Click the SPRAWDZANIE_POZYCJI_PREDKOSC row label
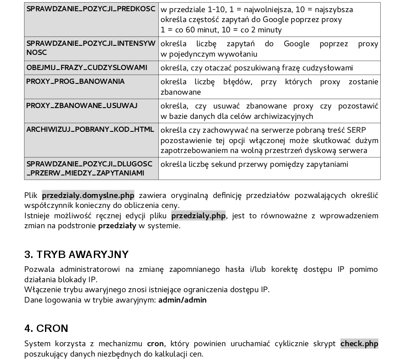(91, 9)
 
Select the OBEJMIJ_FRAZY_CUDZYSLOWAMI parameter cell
(87, 67)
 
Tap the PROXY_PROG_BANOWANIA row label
(75, 81)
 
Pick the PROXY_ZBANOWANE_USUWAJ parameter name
(82, 105)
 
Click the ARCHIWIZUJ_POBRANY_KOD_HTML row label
(90, 130)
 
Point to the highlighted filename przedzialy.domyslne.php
(88, 195)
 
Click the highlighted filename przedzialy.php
(199, 216)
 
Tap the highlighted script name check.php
(359, 344)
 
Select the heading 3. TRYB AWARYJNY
(77, 254)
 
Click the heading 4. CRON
(46, 328)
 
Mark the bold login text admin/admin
(182, 299)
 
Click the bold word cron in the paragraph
(155, 344)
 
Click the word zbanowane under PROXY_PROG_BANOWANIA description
(181, 92)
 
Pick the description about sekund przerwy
(254, 164)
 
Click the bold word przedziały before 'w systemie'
(117, 226)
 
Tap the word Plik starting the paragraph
(31, 195)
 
